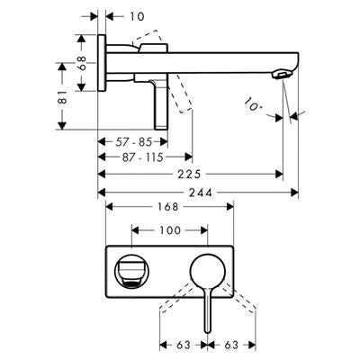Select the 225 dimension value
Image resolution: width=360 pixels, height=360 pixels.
189,175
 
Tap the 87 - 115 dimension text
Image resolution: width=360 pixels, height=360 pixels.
142,157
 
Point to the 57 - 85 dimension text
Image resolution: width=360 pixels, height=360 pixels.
134,142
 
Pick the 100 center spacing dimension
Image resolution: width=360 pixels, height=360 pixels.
170,230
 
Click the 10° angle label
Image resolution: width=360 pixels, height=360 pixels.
252,104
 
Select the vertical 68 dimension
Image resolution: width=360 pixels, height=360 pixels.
82,63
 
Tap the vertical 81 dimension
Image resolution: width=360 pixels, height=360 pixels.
63,96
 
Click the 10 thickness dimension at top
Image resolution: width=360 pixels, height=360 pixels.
137,16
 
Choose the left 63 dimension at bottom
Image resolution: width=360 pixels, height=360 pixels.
184,345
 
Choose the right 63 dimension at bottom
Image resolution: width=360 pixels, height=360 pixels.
231,345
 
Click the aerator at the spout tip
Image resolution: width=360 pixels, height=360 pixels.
281,75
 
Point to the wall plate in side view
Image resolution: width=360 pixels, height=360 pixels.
102,63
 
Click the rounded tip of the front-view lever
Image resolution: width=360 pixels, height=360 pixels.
208,330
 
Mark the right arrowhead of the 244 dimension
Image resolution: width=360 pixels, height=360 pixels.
295,193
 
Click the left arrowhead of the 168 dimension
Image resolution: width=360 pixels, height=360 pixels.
109,207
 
